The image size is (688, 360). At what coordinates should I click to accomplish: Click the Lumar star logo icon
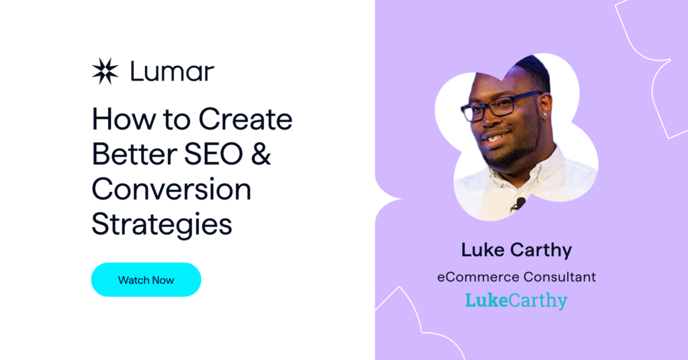tap(105, 71)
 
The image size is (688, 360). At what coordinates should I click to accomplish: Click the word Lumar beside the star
tap(173, 71)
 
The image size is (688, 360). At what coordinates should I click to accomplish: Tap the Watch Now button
tap(146, 280)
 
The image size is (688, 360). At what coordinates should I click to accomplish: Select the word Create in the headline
tap(245, 119)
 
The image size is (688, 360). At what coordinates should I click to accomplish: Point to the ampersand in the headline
tap(261, 154)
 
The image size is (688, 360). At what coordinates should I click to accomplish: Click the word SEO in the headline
tap(213, 154)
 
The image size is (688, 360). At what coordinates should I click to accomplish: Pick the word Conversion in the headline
tap(171, 189)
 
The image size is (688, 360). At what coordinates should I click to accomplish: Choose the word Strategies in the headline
tap(162, 225)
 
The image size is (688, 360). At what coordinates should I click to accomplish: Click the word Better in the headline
tap(134, 154)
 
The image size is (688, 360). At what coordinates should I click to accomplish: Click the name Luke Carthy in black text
tap(517, 251)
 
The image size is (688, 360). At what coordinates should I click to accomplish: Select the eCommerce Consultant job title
tap(517, 277)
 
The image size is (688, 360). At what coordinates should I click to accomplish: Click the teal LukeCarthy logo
tap(517, 301)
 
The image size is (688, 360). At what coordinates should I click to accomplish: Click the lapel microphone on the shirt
tap(519, 204)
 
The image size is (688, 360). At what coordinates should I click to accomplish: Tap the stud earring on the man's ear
tap(544, 114)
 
